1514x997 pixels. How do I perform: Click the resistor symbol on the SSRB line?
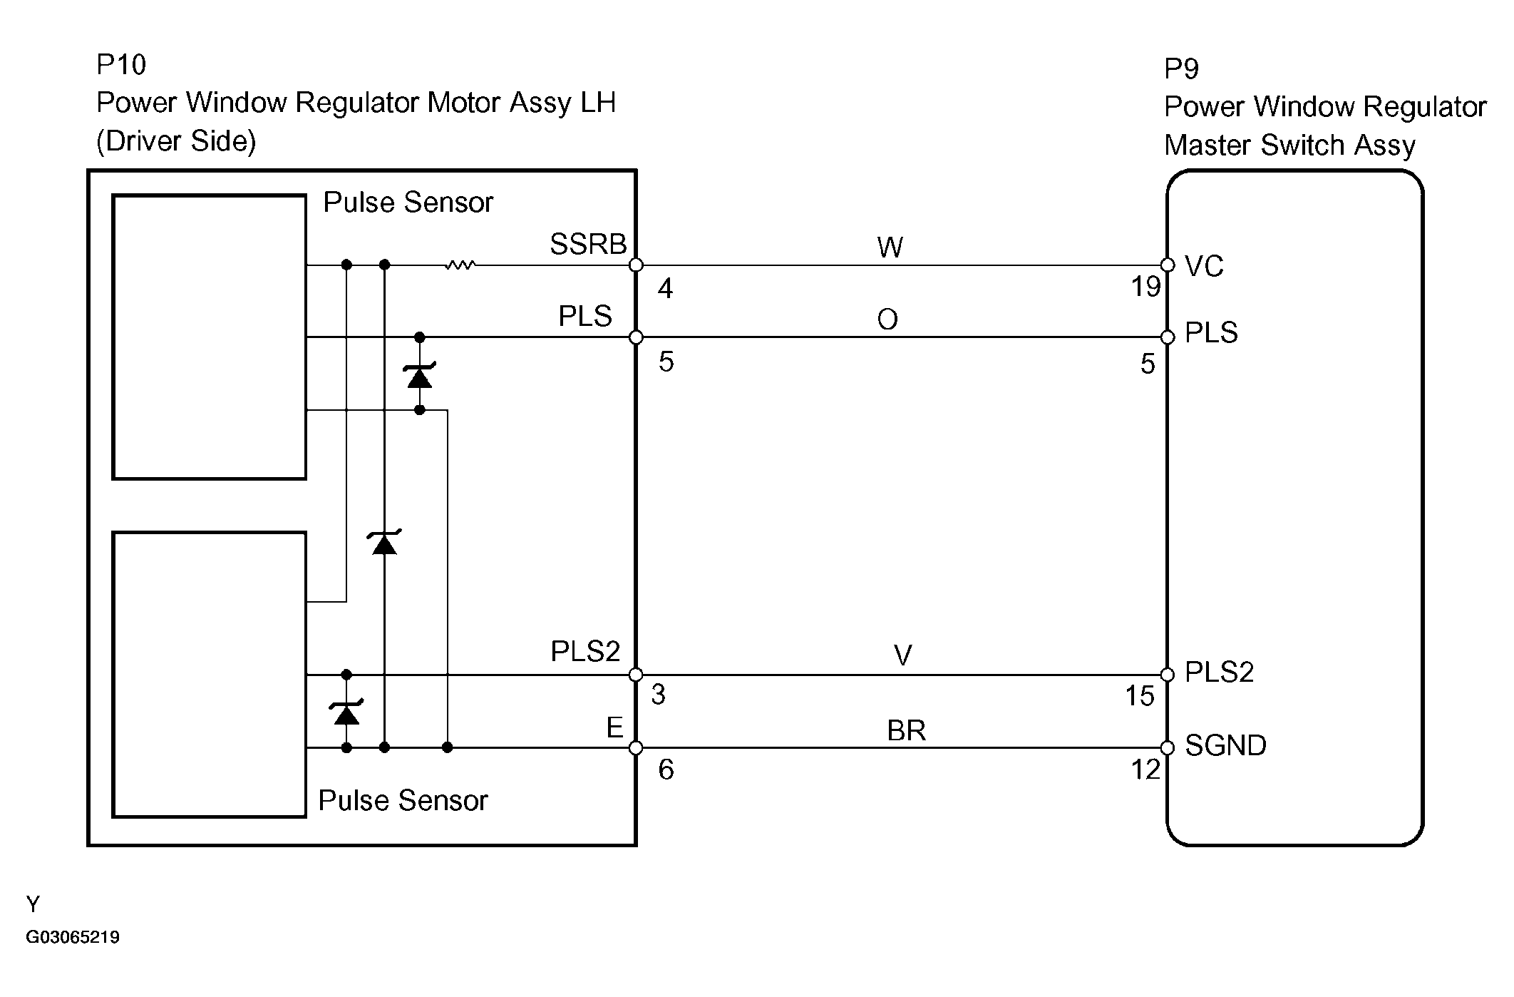[x=460, y=265]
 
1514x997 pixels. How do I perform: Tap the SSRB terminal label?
[x=587, y=245]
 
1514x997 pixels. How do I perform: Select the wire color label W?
[x=890, y=247]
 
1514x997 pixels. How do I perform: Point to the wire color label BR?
[x=906, y=731]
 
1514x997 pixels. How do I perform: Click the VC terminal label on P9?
[x=1204, y=266]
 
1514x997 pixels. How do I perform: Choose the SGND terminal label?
[x=1225, y=746]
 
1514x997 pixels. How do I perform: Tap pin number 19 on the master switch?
[x=1145, y=287]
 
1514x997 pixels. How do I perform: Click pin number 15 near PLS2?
[x=1139, y=696]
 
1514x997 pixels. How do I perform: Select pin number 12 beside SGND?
[x=1145, y=770]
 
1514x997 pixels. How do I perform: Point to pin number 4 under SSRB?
[x=665, y=289]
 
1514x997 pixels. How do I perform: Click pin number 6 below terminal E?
[x=666, y=770]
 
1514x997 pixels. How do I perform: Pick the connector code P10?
[x=121, y=65]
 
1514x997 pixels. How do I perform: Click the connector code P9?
[x=1182, y=69]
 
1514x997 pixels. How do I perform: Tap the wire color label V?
[x=902, y=656]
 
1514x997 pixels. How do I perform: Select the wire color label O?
[x=887, y=320]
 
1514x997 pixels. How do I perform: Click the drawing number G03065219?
[x=73, y=937]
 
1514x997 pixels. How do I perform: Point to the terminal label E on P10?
[x=614, y=728]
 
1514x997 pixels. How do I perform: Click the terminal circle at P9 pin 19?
[x=1168, y=265]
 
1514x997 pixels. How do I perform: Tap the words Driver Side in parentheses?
[x=176, y=141]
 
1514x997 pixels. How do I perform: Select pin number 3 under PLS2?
[x=658, y=695]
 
